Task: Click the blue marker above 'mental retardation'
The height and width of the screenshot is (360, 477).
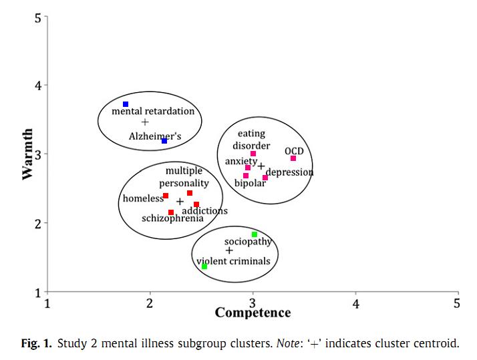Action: click(126, 104)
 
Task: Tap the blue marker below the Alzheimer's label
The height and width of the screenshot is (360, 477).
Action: click(164, 141)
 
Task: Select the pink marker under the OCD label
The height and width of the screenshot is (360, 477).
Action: click(293, 158)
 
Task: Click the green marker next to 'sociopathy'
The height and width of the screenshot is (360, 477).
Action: click(255, 234)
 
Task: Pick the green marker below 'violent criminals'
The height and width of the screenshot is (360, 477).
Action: click(204, 266)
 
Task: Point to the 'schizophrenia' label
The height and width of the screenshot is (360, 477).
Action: click(172, 218)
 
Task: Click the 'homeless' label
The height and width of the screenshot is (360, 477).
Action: click(142, 198)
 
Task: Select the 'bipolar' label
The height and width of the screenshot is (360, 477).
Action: click(250, 183)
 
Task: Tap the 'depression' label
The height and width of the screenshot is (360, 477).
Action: click(289, 172)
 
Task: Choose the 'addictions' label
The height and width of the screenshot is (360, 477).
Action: click(204, 211)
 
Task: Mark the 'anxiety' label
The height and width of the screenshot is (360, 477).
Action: click(237, 162)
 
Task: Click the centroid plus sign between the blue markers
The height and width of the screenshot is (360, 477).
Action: click(146, 122)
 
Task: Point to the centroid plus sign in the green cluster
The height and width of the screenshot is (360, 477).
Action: click(229, 250)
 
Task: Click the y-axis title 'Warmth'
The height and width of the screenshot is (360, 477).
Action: click(27, 154)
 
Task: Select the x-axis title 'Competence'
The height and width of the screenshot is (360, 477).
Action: click(253, 313)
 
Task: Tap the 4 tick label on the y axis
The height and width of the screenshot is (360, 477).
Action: click(37, 85)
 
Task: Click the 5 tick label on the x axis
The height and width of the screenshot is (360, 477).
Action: click(457, 304)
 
